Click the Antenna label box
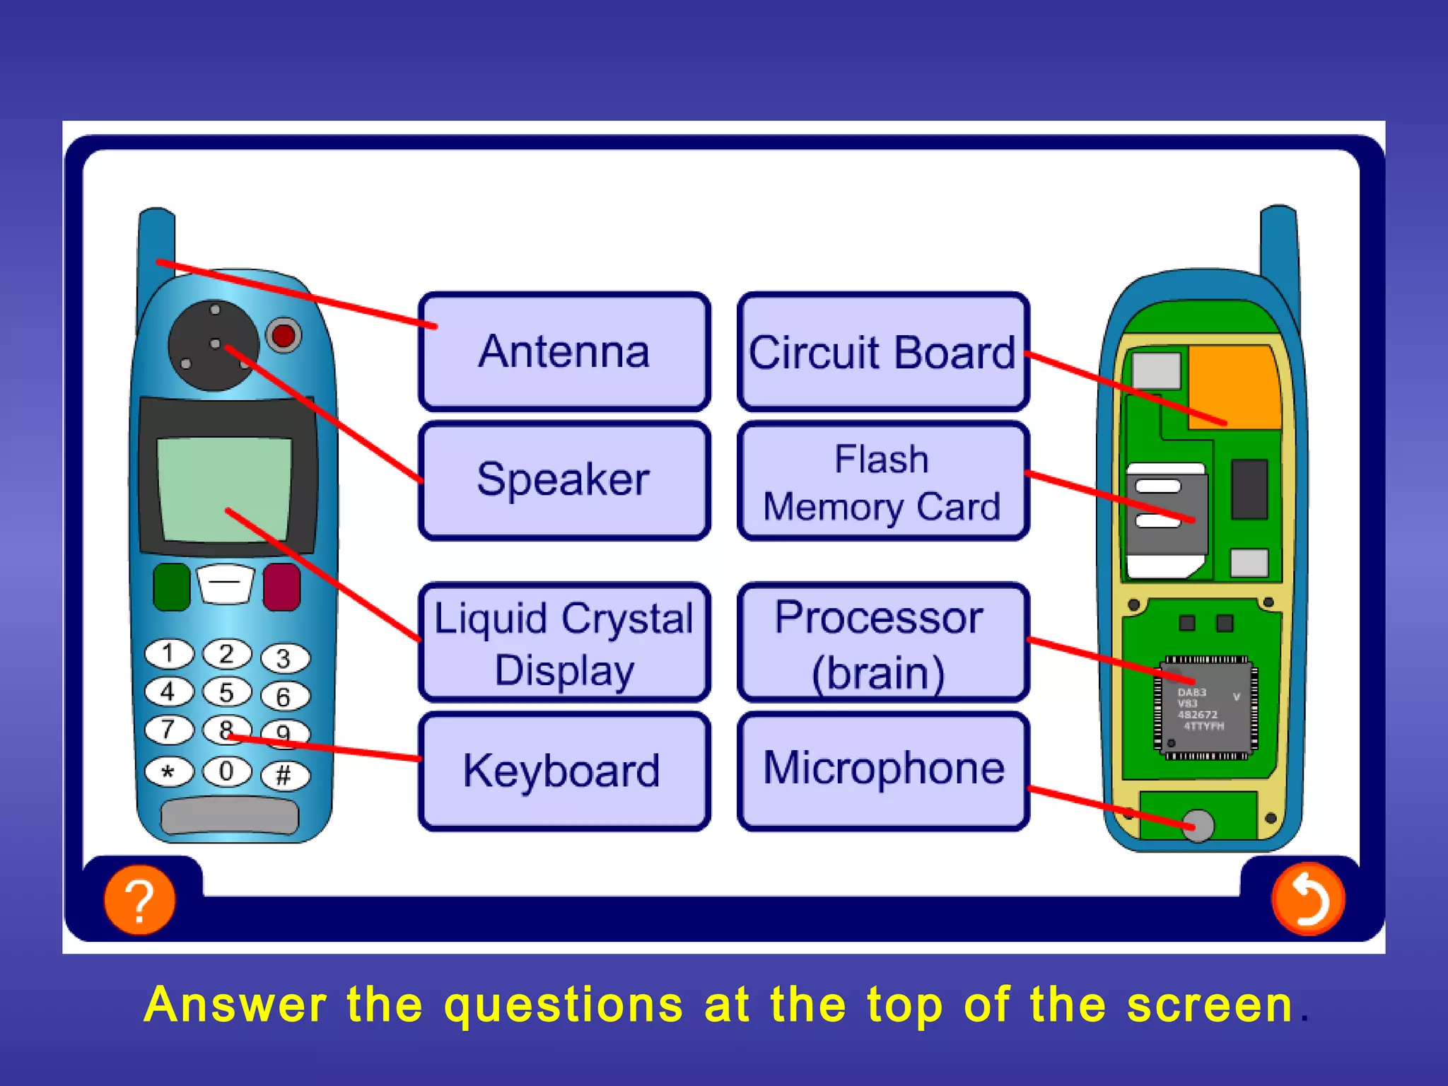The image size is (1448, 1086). (564, 351)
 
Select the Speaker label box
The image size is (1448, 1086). (564, 480)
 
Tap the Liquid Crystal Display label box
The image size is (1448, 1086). (564, 642)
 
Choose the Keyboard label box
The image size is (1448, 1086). (564, 771)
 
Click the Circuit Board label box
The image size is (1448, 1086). (882, 351)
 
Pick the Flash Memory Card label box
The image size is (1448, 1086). (882, 481)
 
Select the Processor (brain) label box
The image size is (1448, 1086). (882, 642)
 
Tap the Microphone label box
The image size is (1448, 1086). (882, 769)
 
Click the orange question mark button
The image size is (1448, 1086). (139, 899)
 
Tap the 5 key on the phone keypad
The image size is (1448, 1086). (226, 692)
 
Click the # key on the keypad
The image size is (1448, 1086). (284, 776)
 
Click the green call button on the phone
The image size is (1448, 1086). (171, 586)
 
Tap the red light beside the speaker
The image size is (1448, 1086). (284, 335)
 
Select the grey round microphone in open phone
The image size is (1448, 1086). (1198, 825)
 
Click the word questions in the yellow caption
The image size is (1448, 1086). (564, 1005)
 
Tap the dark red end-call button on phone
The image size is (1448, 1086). (281, 586)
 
